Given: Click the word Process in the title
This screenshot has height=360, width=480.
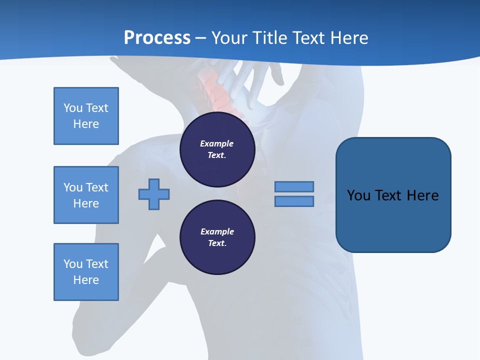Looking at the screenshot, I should click(x=157, y=37).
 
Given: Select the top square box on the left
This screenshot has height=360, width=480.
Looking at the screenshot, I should click(x=86, y=116).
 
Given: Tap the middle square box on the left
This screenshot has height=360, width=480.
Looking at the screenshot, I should click(x=86, y=195).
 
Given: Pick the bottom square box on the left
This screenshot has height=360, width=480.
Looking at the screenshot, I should click(x=86, y=272).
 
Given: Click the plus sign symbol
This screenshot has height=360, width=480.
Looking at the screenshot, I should click(x=154, y=194).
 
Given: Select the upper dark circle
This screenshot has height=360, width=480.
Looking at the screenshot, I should click(x=217, y=149).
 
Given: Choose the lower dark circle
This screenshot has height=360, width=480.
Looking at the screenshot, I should click(x=217, y=237).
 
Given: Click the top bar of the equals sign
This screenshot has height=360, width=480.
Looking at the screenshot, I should click(x=294, y=186).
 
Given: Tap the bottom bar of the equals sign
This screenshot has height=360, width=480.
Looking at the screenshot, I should click(x=294, y=201).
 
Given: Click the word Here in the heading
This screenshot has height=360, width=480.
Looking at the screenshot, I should click(x=347, y=37).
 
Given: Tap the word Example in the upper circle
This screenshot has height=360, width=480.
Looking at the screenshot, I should click(x=217, y=143).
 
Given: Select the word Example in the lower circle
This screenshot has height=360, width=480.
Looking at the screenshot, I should click(x=217, y=231).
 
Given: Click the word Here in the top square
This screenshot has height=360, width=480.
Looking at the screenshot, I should click(x=86, y=124).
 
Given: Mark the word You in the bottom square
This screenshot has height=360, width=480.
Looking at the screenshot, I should click(x=72, y=264).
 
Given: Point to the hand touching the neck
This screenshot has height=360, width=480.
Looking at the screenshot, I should click(x=252, y=82).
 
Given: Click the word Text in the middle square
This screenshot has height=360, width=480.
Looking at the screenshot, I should click(x=96, y=187).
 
